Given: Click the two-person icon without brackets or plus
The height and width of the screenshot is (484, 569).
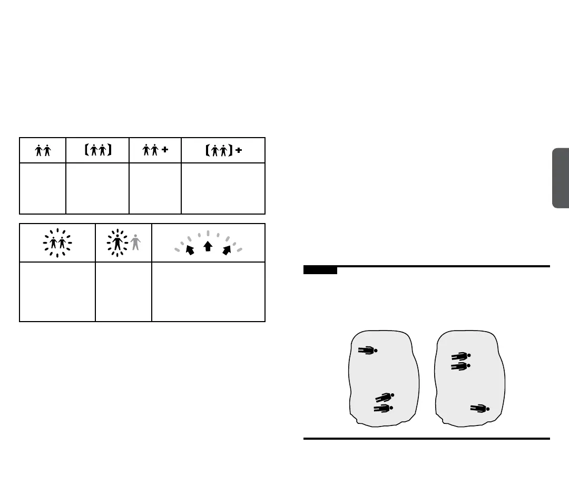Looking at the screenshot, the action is (x=43, y=151).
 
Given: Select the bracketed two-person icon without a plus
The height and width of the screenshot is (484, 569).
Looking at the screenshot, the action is (x=97, y=151).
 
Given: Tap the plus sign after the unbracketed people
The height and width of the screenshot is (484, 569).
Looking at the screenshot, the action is (x=165, y=150).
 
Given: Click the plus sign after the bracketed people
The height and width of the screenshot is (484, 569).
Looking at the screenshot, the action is (x=238, y=150).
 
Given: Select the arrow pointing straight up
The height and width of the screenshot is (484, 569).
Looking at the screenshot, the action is (x=208, y=246).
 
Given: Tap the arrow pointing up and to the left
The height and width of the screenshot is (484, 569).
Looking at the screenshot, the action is (x=190, y=249).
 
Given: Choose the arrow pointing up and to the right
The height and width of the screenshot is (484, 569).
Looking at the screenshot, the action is (x=227, y=249).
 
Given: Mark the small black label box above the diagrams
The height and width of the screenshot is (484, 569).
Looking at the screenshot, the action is (x=320, y=270).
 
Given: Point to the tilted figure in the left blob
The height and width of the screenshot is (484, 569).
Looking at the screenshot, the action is (x=385, y=398).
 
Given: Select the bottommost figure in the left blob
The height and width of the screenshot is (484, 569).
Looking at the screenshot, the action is (x=383, y=409).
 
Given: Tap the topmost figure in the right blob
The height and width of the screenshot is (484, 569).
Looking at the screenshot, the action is (x=460, y=356).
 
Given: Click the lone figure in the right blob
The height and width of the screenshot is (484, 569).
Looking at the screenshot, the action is (x=479, y=408).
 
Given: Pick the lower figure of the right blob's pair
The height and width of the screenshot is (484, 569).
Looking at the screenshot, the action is (x=460, y=366).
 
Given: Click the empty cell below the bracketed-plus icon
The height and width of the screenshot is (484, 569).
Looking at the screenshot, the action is (x=223, y=188).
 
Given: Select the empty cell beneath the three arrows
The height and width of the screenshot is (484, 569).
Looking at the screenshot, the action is (x=208, y=292).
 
